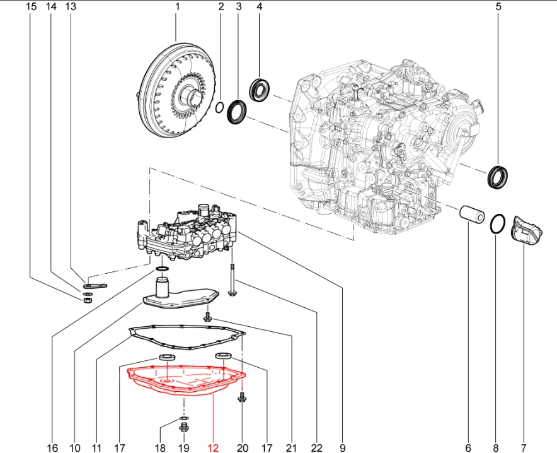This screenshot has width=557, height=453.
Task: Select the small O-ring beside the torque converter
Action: click(x=219, y=108)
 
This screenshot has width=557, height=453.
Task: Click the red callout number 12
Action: click(x=212, y=447)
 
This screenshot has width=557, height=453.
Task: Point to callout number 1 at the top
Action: click(x=177, y=7)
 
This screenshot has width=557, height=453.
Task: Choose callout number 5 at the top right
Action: click(x=498, y=7)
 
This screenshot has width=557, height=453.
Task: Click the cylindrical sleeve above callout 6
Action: click(x=470, y=214)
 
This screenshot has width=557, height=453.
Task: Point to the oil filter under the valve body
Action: click(x=180, y=297)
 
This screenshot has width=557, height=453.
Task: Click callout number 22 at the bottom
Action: click(x=316, y=447)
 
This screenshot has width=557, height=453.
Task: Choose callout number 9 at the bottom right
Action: click(x=342, y=447)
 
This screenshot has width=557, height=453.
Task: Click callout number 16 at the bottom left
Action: click(x=52, y=447)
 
